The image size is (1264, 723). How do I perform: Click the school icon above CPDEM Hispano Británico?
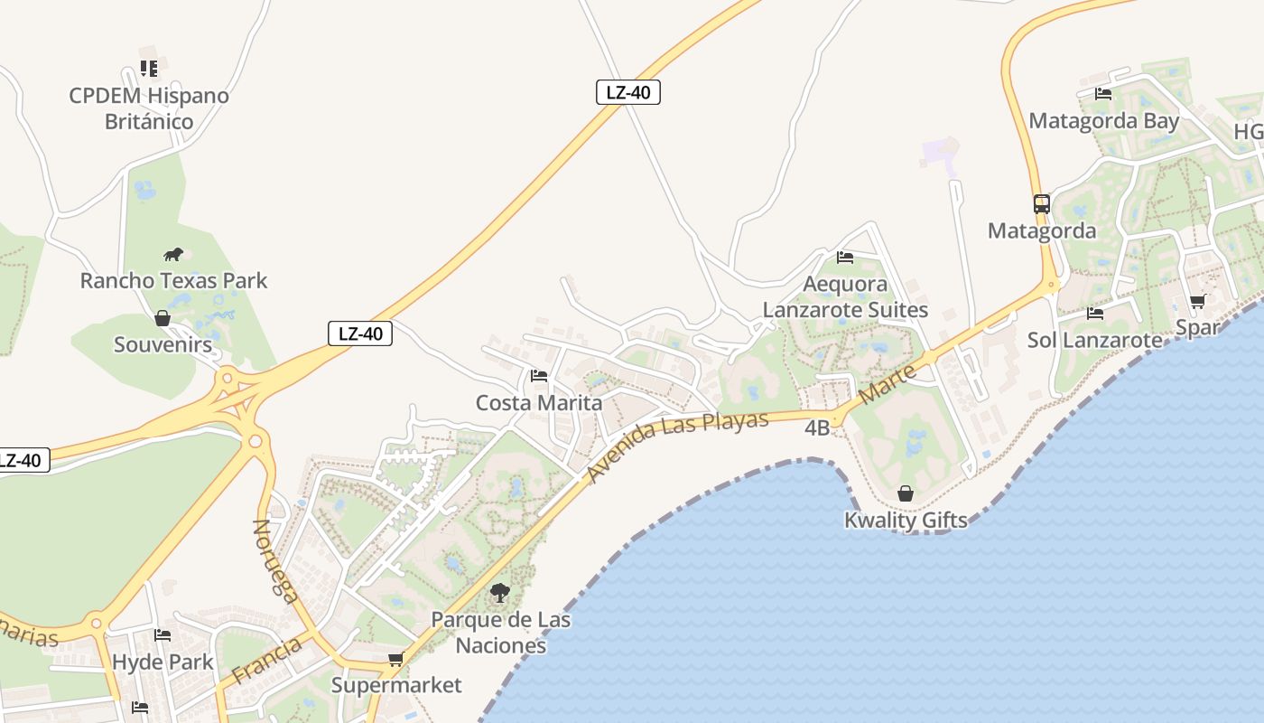click(149, 69)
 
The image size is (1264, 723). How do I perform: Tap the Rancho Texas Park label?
click(173, 280)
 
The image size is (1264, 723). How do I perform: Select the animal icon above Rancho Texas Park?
click(172, 254)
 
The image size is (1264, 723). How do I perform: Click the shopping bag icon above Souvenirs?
click(163, 318)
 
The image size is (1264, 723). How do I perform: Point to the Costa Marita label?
click(539, 402)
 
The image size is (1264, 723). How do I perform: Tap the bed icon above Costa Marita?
click(539, 375)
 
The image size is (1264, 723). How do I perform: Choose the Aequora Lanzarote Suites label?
click(845, 296)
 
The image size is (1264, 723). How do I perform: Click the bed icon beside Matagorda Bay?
click(1102, 93)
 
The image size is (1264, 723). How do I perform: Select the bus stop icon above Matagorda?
click(1042, 204)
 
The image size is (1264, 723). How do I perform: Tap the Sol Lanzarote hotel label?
click(1095, 340)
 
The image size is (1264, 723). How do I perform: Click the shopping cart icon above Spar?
click(1197, 301)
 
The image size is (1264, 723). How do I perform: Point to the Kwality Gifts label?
click(906, 520)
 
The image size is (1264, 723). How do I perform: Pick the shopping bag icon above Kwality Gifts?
click(906, 493)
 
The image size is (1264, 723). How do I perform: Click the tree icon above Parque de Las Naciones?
click(500, 593)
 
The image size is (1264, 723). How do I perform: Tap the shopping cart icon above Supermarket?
click(395, 659)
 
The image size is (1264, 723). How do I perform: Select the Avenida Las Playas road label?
click(677, 445)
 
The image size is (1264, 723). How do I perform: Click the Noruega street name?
click(274, 560)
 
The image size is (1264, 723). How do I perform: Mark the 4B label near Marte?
click(817, 427)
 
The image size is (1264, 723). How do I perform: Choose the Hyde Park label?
click(163, 662)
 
